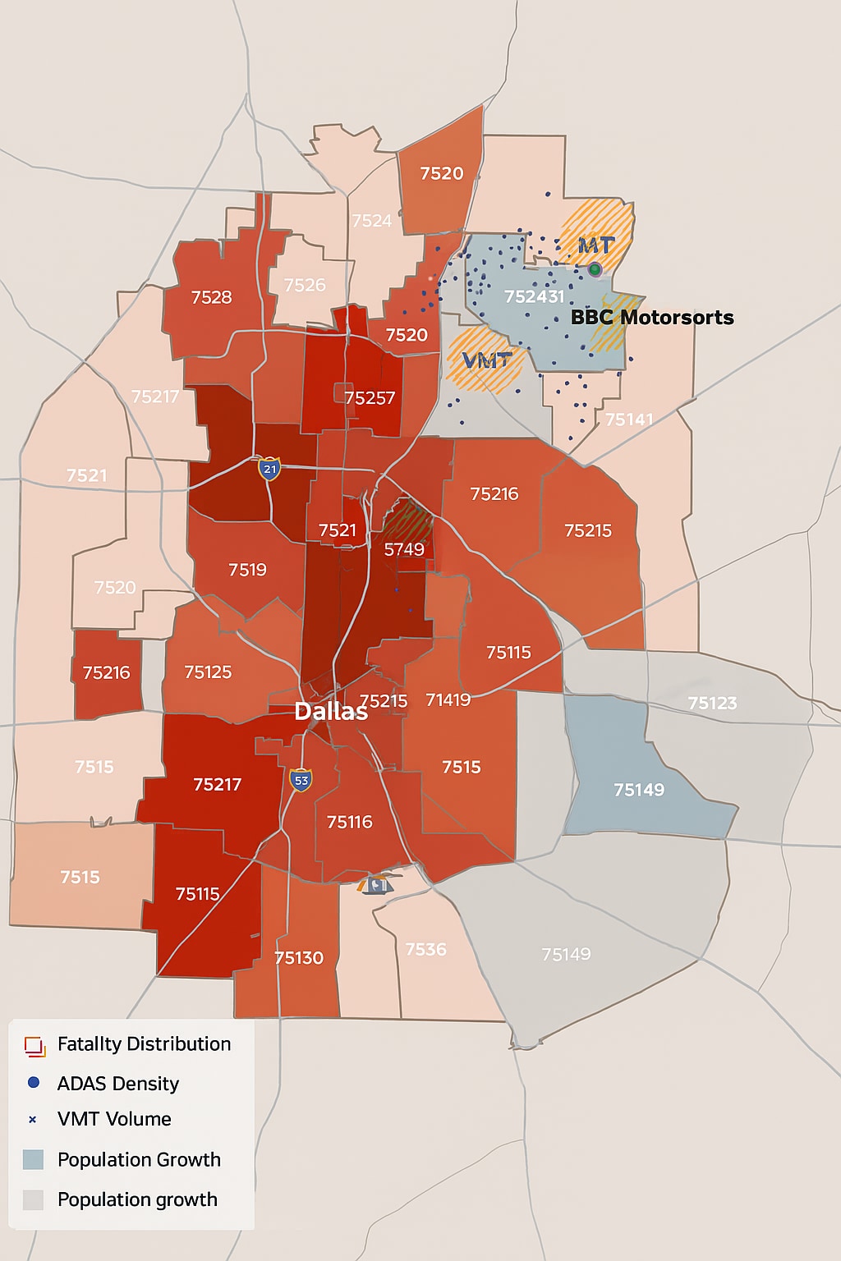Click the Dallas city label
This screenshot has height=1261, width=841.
331,711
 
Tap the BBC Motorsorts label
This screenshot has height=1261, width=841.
651,318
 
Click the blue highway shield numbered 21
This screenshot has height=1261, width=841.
269,469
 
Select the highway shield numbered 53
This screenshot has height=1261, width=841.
301,780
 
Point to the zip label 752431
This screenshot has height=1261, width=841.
534,296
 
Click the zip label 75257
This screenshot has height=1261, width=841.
370,398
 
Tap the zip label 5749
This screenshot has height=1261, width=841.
404,549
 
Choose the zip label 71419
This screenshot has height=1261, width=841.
448,699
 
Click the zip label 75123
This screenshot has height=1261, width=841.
712,704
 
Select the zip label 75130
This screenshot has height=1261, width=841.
299,958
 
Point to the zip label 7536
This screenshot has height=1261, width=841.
425,949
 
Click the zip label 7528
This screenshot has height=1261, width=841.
211,297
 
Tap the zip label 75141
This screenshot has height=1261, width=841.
629,420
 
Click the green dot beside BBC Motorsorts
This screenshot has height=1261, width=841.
595,269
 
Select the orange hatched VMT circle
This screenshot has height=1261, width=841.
485,360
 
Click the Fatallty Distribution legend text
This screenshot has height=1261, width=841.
144,1043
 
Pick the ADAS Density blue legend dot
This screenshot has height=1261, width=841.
34,1083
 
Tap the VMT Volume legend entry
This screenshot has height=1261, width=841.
114,1119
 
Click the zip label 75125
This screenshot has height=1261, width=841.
208,672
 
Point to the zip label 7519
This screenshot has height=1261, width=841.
247,570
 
